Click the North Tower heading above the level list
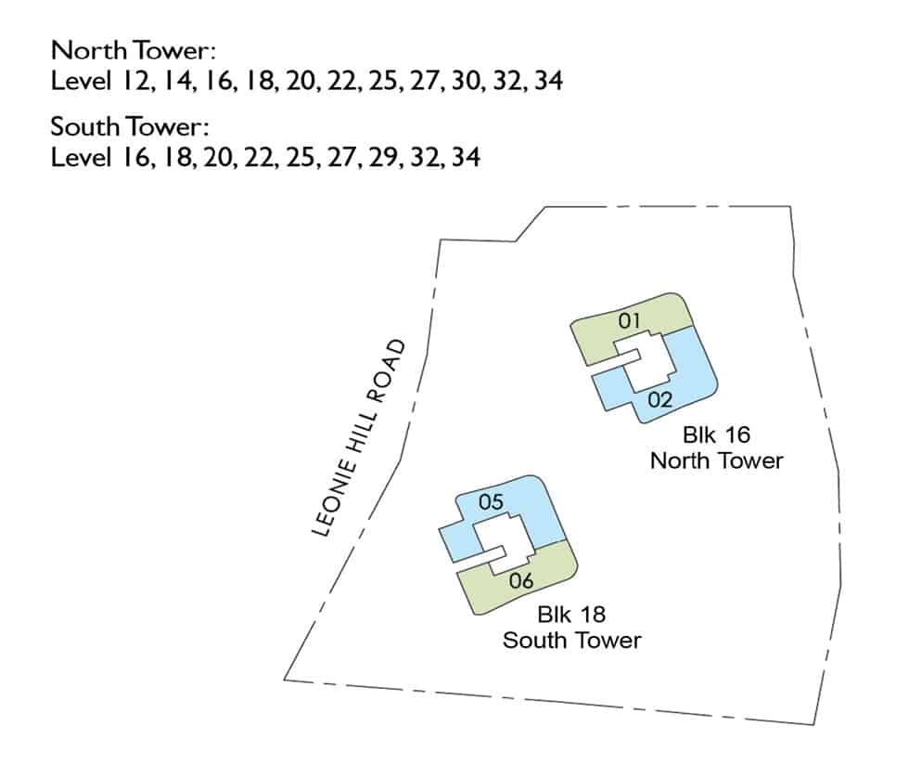click(x=134, y=50)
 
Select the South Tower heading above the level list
click(x=130, y=127)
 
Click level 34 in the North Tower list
click(x=548, y=81)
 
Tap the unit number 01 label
click(x=629, y=320)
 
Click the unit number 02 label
click(x=659, y=400)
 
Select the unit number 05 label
click(x=491, y=502)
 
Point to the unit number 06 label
click(x=521, y=581)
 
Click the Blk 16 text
click(x=716, y=434)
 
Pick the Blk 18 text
click(x=571, y=615)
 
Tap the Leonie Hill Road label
click(x=358, y=438)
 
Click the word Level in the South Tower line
click(x=81, y=157)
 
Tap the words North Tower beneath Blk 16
click(x=716, y=461)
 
